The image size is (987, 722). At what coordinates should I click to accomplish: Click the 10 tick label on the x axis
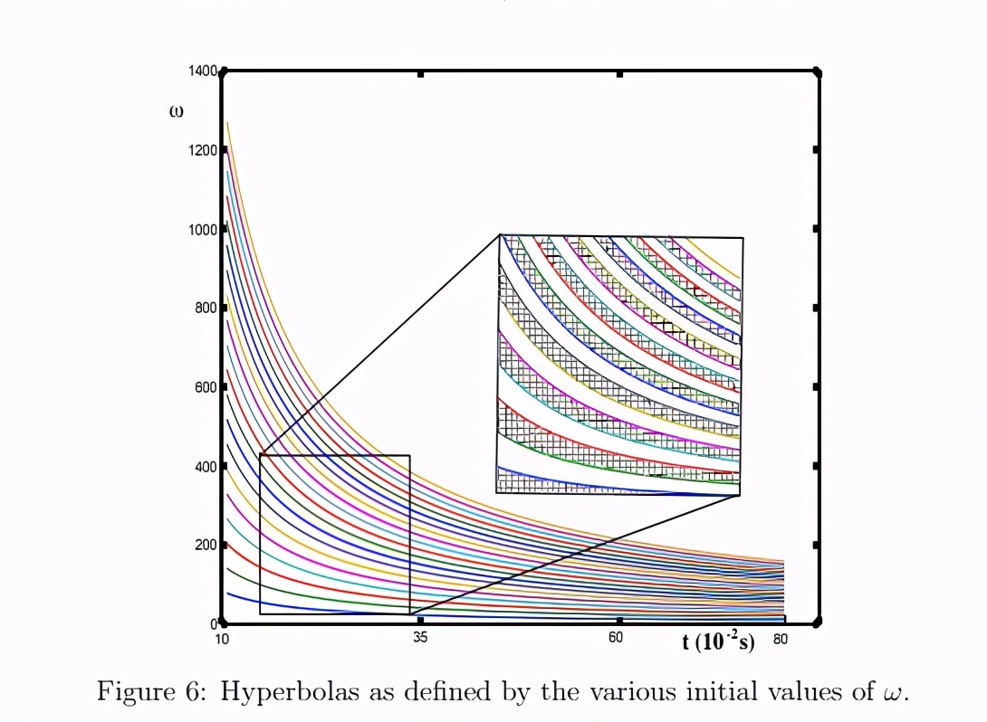pos(222,639)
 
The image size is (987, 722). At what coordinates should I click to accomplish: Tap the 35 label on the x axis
pos(420,639)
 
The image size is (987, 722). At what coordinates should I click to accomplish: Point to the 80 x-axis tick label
pos(781,639)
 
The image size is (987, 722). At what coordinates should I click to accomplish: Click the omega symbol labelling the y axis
pos(177,112)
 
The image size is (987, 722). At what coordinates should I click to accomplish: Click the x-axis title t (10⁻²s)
pos(718,642)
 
